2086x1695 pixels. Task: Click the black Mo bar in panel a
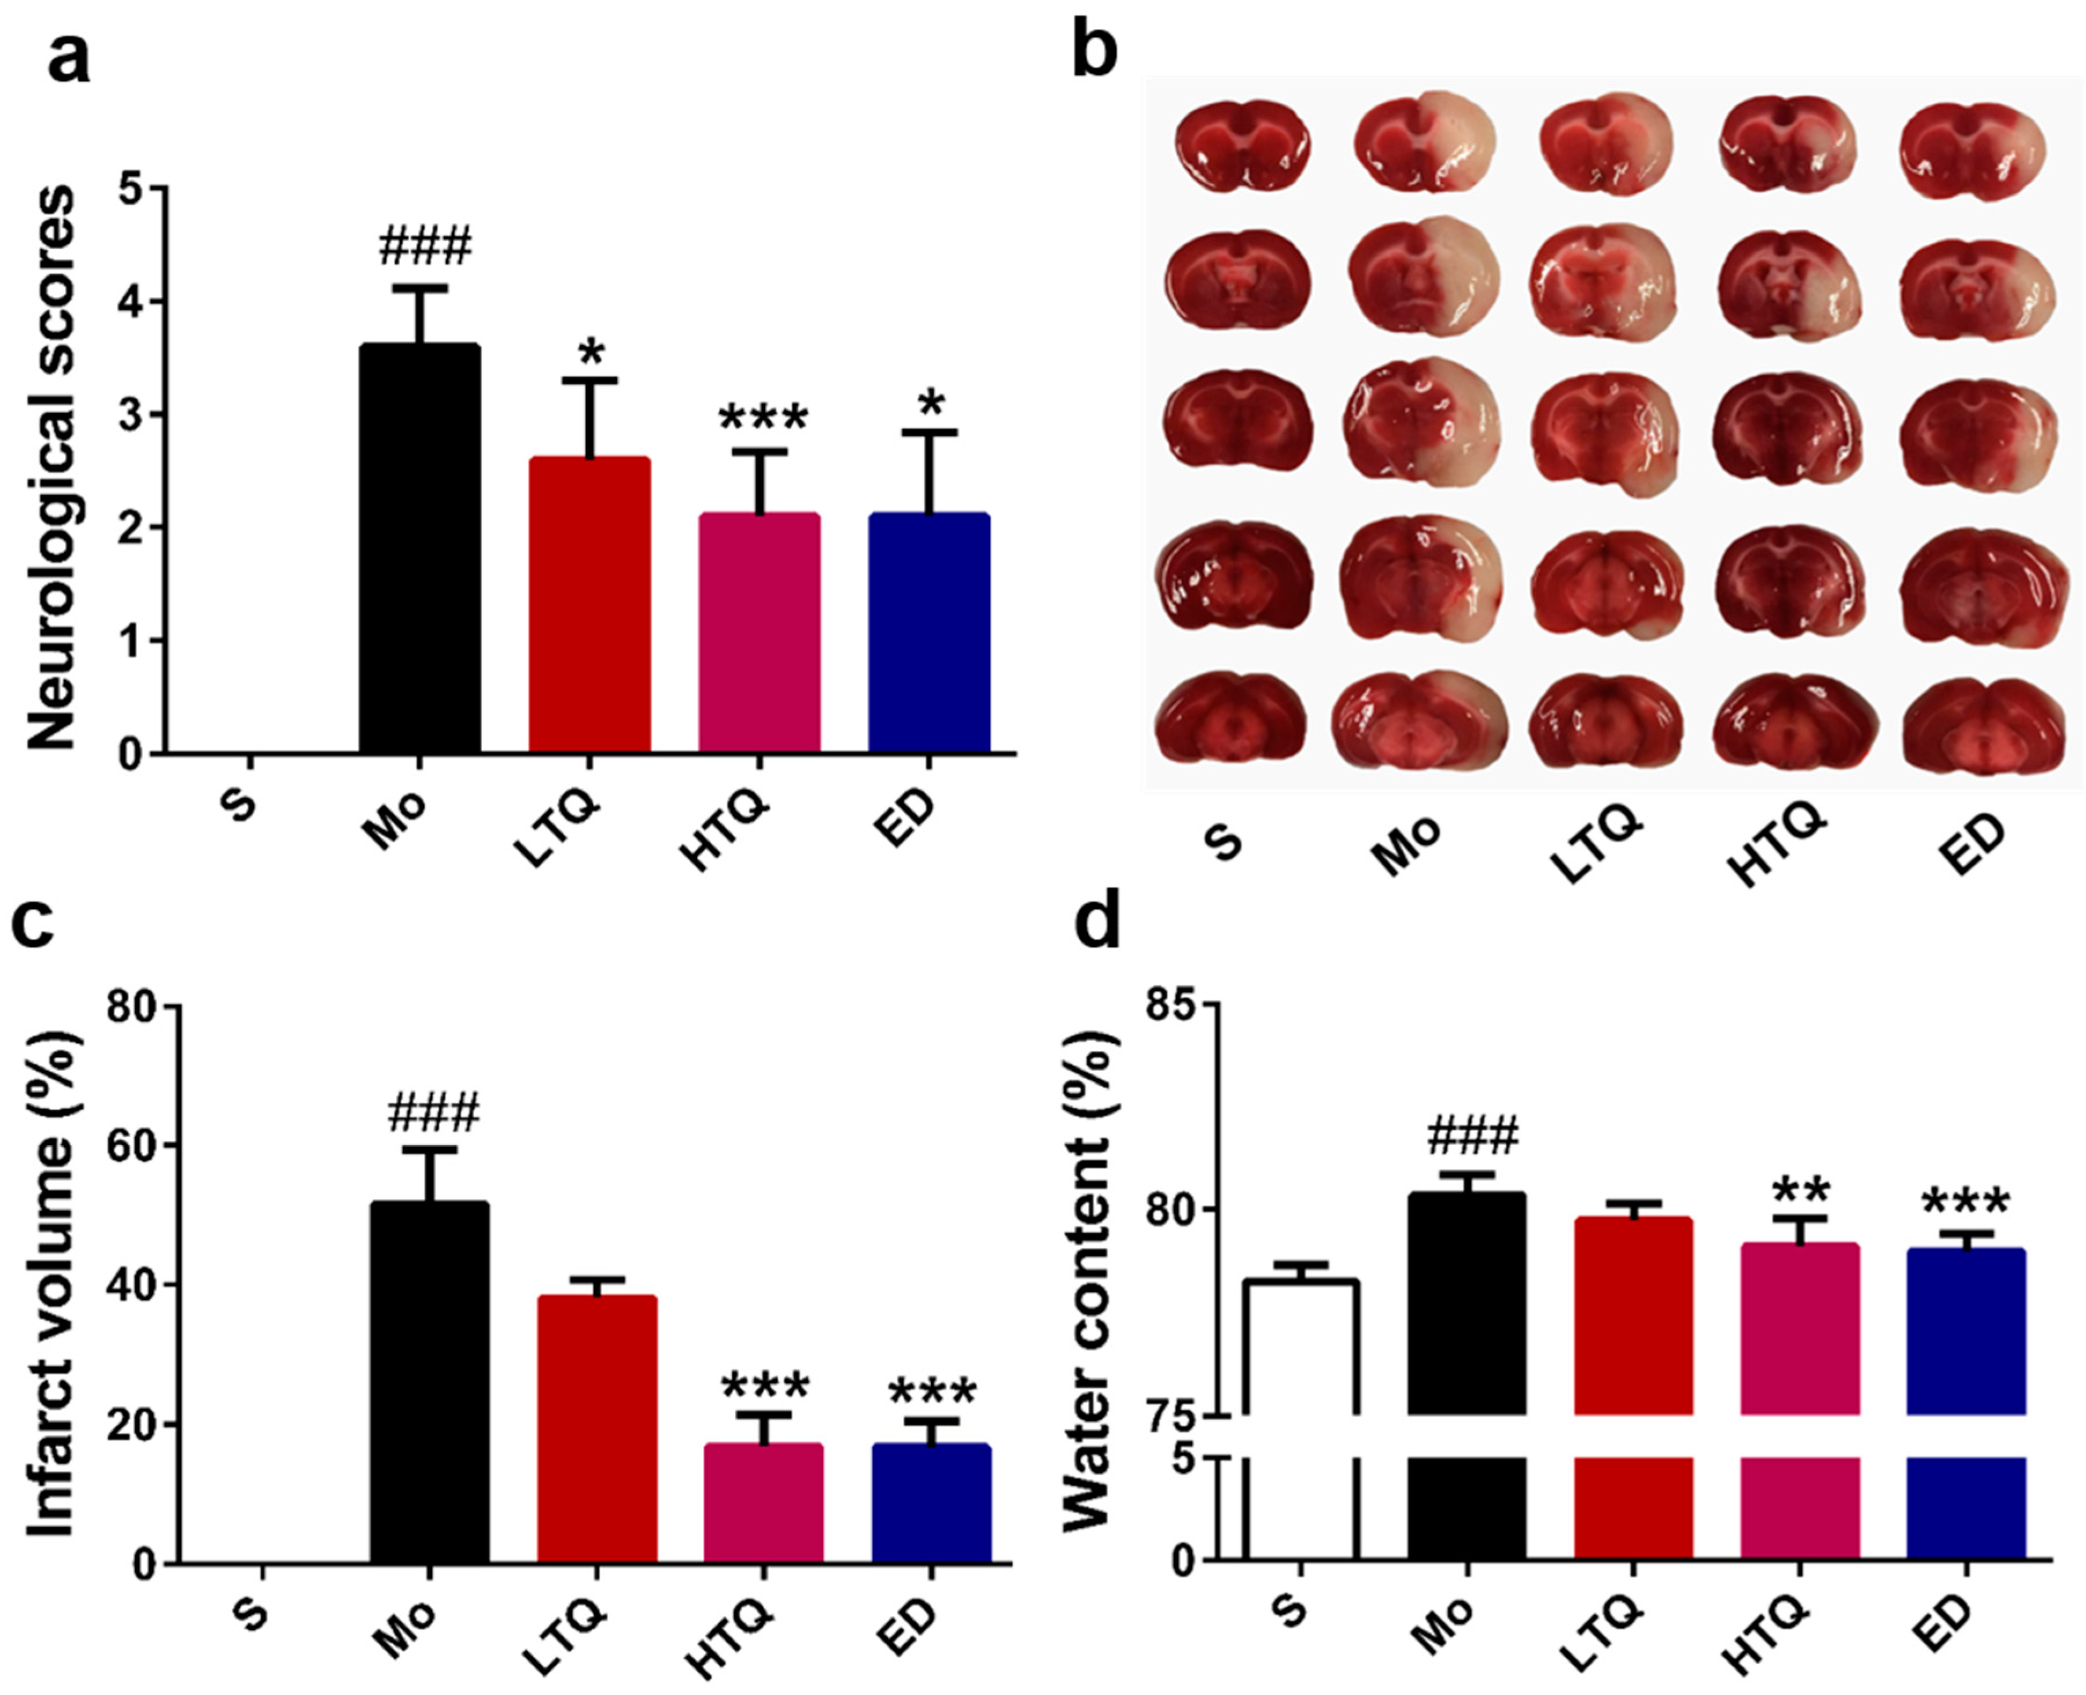(x=420, y=547)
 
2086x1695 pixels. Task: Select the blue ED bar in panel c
(x=931, y=1503)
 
